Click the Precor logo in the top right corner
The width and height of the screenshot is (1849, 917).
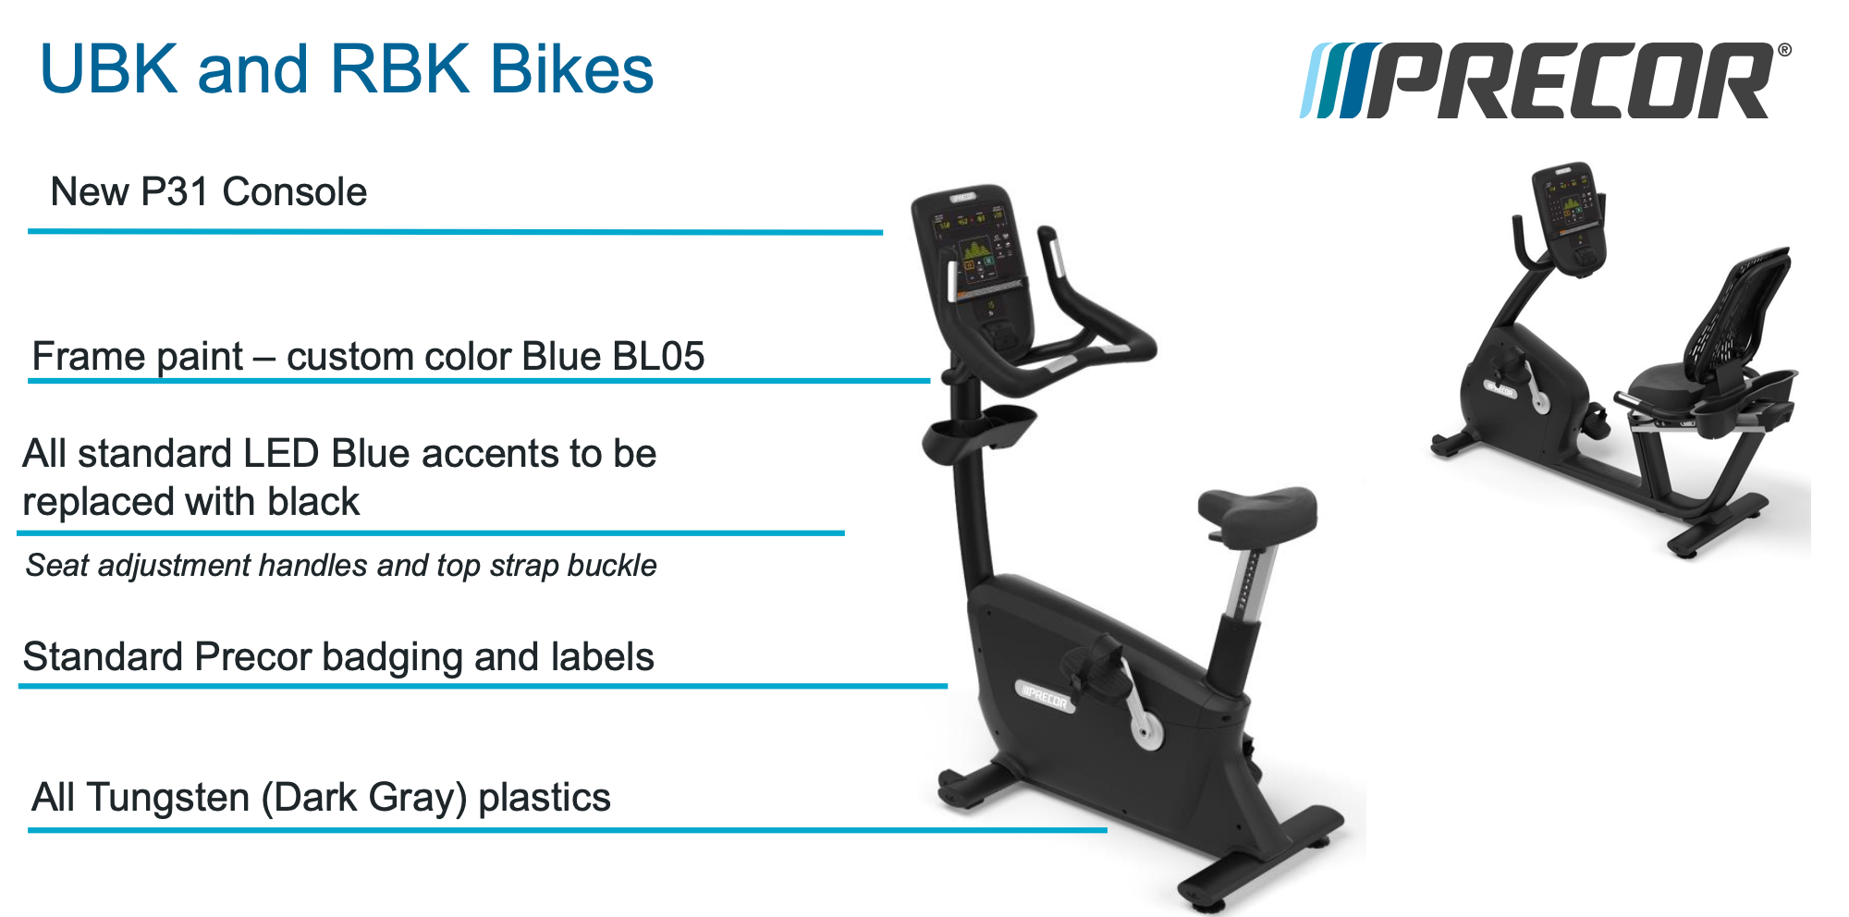[1544, 81]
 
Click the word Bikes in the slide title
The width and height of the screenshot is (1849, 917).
[571, 70]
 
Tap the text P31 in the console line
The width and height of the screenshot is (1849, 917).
[175, 192]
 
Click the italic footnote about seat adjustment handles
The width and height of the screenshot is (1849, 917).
[340, 565]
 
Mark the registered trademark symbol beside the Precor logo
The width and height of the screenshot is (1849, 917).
[1783, 51]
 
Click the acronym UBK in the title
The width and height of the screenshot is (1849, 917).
[108, 70]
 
